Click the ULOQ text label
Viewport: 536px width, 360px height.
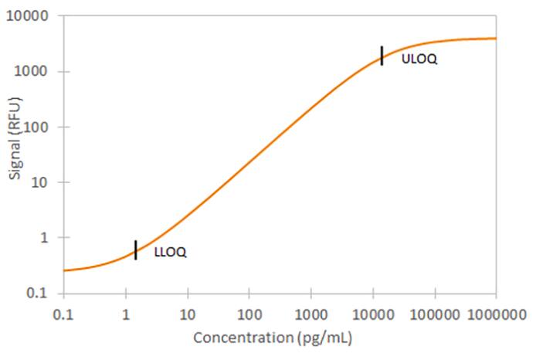419,59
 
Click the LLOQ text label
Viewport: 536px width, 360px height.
170,252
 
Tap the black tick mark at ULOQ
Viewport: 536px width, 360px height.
382,56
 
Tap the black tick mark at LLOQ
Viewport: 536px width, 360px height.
136,250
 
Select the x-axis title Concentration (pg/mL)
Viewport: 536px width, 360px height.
273,338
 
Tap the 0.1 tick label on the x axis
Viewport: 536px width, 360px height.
63,314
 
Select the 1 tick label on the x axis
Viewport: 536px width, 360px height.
125,314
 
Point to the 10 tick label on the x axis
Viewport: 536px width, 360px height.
187,314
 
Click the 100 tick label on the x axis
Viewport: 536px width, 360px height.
249,314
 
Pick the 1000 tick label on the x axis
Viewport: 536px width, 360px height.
310,314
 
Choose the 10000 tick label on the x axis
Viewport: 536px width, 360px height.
372,314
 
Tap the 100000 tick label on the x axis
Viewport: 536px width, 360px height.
434,314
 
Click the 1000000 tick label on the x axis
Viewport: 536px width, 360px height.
496,314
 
